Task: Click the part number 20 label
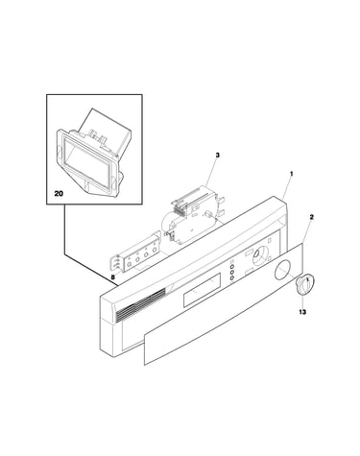59,193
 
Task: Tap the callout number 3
218,156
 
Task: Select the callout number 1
292,174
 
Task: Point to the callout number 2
312,217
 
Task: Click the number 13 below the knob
302,311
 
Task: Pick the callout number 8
113,277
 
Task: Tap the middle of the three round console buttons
231,273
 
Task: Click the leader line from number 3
210,173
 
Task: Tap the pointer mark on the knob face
307,282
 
